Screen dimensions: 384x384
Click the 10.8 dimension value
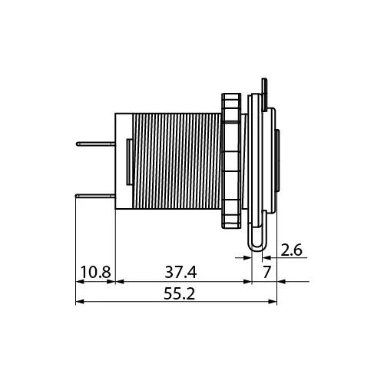tap(96, 272)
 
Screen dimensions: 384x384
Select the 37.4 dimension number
tap(180, 272)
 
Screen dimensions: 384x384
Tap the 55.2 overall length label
tap(179, 293)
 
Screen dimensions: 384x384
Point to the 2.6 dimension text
tap(291, 250)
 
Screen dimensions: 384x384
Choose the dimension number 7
tap(266, 272)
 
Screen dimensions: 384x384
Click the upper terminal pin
tap(96, 144)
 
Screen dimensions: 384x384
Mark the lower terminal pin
tap(95, 197)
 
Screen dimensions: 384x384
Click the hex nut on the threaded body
tap(231, 161)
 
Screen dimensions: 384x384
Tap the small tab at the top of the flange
tap(264, 94)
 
